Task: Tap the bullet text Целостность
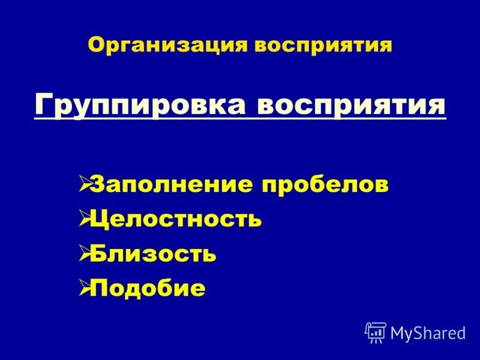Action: [x=175, y=218]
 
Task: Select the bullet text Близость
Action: [x=153, y=254]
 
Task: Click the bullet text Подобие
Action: [x=148, y=289]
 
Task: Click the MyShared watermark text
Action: [x=428, y=332]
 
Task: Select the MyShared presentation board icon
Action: [x=376, y=332]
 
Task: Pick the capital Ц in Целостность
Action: [x=99, y=219]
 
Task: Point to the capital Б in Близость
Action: [x=98, y=254]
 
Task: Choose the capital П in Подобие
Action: [x=99, y=289]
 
